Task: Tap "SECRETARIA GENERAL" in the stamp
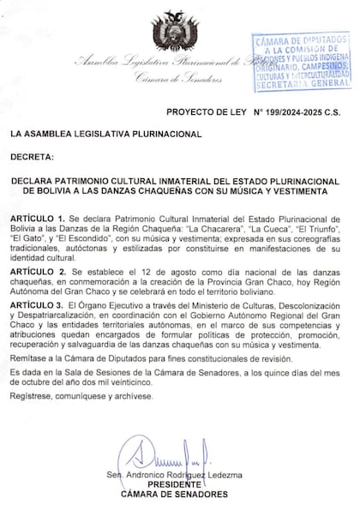tap(303, 86)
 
